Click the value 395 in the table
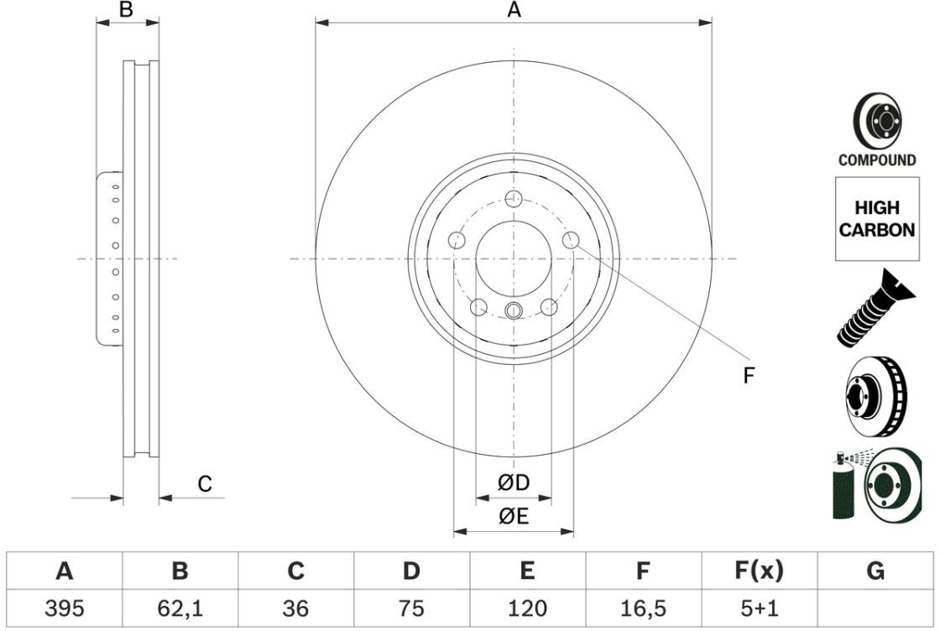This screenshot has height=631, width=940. pyautogui.click(x=64, y=607)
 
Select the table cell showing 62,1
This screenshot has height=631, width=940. pyautogui.click(x=180, y=607)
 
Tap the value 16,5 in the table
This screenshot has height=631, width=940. pyautogui.click(x=642, y=607)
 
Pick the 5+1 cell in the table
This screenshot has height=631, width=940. pyautogui.click(x=758, y=607)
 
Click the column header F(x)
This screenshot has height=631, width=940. pyautogui.click(x=758, y=571)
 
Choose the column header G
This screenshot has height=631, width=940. pyautogui.click(x=875, y=571)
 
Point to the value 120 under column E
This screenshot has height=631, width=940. pyautogui.click(x=526, y=607)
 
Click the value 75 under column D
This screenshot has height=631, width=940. pyautogui.click(x=410, y=607)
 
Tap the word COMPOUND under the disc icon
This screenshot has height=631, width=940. pyautogui.click(x=877, y=160)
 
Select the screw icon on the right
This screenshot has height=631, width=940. pyautogui.click(x=873, y=309)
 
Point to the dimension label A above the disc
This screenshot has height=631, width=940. pyautogui.click(x=514, y=10)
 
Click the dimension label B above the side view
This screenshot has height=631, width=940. pyautogui.click(x=126, y=10)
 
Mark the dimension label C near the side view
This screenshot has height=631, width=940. pyautogui.click(x=204, y=484)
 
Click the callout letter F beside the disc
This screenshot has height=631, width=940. pyautogui.click(x=749, y=375)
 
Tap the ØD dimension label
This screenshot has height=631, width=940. pyautogui.click(x=513, y=482)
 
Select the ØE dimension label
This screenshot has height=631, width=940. pyautogui.click(x=513, y=516)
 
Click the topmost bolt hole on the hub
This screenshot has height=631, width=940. pyautogui.click(x=514, y=199)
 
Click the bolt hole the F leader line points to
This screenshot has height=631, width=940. pyautogui.click(x=570, y=241)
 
